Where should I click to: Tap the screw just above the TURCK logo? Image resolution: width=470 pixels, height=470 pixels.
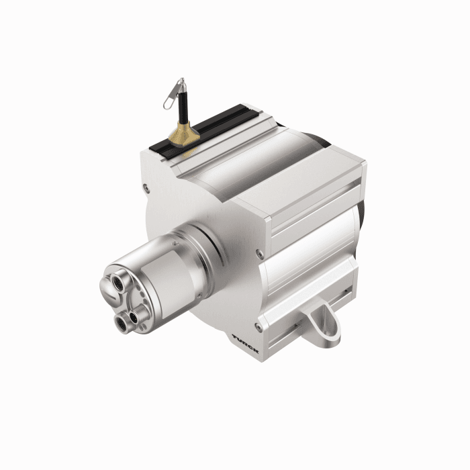click(258, 327)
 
